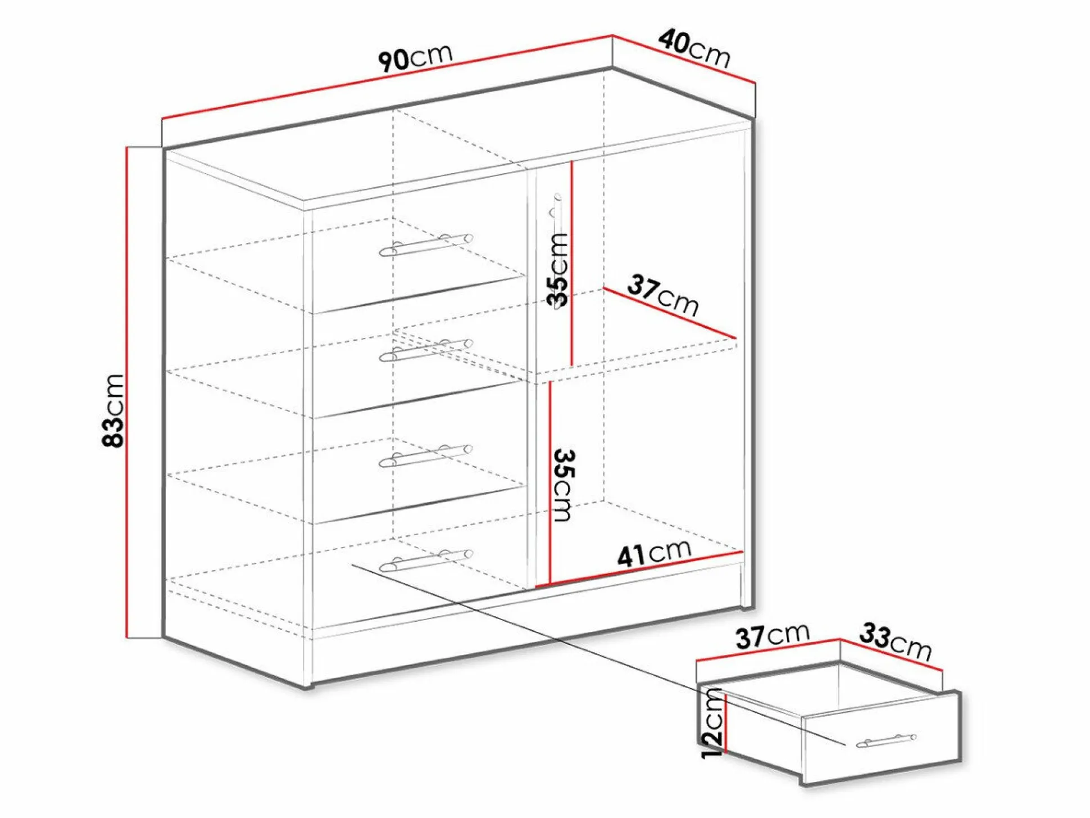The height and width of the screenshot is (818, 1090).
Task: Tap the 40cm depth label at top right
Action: (x=694, y=49)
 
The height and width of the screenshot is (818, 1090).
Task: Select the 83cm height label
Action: (x=113, y=410)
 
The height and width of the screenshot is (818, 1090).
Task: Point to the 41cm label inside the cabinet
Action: (x=653, y=553)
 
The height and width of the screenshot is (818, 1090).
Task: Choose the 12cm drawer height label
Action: (x=712, y=724)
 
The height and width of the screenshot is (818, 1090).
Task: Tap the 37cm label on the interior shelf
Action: (x=663, y=295)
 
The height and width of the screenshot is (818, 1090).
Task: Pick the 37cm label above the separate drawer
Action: (x=773, y=636)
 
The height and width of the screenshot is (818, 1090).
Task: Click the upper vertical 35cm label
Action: (x=558, y=270)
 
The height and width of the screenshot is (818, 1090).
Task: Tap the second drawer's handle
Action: (x=426, y=350)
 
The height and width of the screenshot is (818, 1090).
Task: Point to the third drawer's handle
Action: (x=426, y=456)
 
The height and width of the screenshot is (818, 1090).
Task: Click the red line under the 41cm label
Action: (x=639, y=569)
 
